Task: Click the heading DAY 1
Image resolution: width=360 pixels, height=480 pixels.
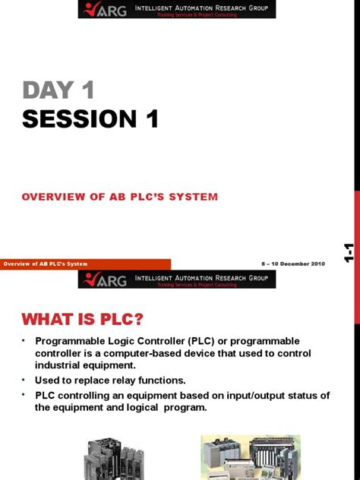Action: pos(58,90)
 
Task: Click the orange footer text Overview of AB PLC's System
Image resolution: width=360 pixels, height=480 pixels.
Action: pos(46,264)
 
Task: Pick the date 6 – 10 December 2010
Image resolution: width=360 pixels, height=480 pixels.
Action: pos(293,264)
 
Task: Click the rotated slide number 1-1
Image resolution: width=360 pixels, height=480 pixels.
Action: pos(349,253)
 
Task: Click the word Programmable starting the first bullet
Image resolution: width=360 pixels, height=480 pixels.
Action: pos(72,341)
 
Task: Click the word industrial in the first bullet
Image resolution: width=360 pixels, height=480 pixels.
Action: pos(61,366)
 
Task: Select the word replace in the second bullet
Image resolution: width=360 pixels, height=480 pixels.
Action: pos(85,380)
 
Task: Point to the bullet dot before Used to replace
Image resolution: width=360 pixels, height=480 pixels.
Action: pos(24,380)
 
